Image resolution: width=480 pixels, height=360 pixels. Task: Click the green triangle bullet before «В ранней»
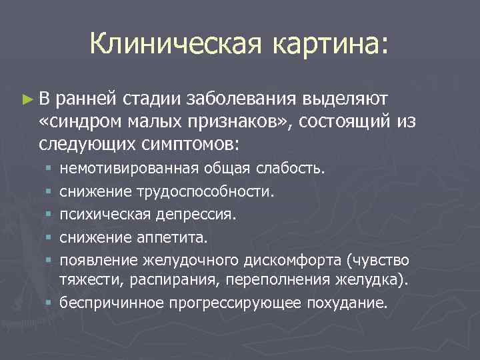click(26, 99)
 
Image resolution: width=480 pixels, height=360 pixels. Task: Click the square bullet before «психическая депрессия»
click(49, 215)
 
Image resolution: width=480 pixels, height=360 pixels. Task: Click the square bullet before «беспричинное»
click(49, 303)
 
